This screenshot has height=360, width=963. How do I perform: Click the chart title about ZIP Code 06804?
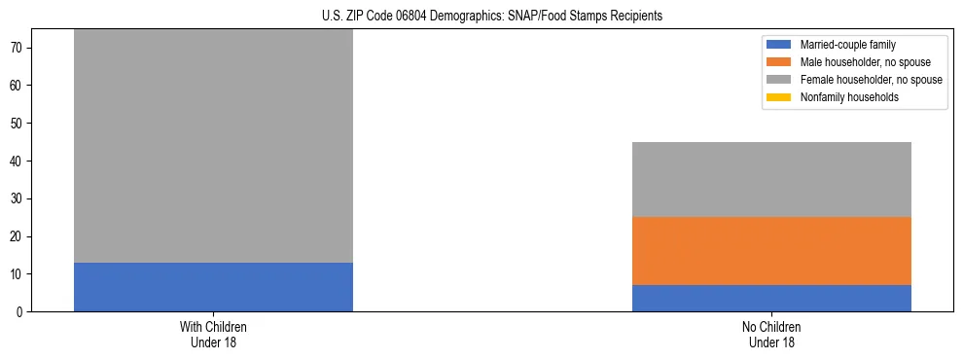(x=491, y=16)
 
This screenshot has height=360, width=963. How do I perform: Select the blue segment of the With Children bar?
(x=213, y=287)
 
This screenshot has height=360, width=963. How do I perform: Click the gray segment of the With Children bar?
(x=213, y=146)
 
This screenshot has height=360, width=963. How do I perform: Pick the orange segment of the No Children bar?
(x=771, y=251)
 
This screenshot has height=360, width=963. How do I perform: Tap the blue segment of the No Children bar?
(x=771, y=299)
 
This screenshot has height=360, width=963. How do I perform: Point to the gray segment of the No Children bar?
(x=771, y=179)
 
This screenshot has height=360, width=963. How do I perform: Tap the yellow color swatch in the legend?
(x=779, y=97)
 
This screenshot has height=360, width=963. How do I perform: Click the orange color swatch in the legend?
(x=779, y=62)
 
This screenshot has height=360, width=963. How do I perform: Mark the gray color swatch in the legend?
(x=779, y=80)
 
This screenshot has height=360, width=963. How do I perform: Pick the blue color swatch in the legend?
(x=779, y=45)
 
